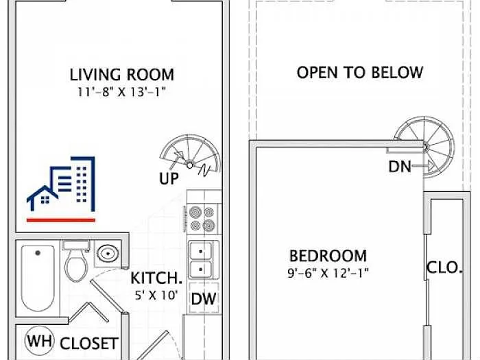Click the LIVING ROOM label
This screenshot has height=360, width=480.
(122, 74)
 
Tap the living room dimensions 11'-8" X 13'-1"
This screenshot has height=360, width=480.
(122, 91)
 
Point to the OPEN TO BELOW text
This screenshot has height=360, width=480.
(359, 72)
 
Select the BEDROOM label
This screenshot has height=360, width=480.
(328, 256)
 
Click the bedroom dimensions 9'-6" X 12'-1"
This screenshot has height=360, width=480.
(328, 272)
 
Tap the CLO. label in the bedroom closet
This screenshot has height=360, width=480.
(444, 267)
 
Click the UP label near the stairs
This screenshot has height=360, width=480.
(169, 179)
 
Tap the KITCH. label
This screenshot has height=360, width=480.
(156, 278)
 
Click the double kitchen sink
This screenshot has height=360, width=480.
(202, 259)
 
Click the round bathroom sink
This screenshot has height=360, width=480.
(107, 254)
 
